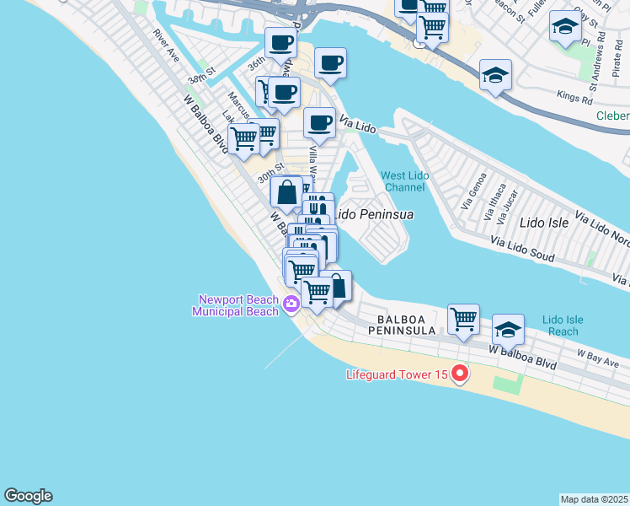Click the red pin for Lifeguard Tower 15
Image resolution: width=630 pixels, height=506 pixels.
tap(460, 373)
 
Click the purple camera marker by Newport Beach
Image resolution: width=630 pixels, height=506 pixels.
tap(291, 304)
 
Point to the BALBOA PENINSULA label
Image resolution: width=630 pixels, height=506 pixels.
tap(406, 326)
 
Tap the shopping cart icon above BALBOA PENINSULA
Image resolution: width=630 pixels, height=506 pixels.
tap(463, 319)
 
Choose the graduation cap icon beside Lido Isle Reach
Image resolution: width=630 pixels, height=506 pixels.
tap(508, 329)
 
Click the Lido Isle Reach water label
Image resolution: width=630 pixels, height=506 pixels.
tap(563, 326)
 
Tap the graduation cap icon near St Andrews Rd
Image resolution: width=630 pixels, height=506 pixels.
tap(564, 27)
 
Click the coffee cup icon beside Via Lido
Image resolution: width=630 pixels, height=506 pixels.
tap(319, 123)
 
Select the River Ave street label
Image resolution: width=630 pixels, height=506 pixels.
tap(165, 46)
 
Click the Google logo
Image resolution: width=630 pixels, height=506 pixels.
tap(28, 496)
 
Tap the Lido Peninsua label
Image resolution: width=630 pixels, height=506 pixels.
tap(375, 214)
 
